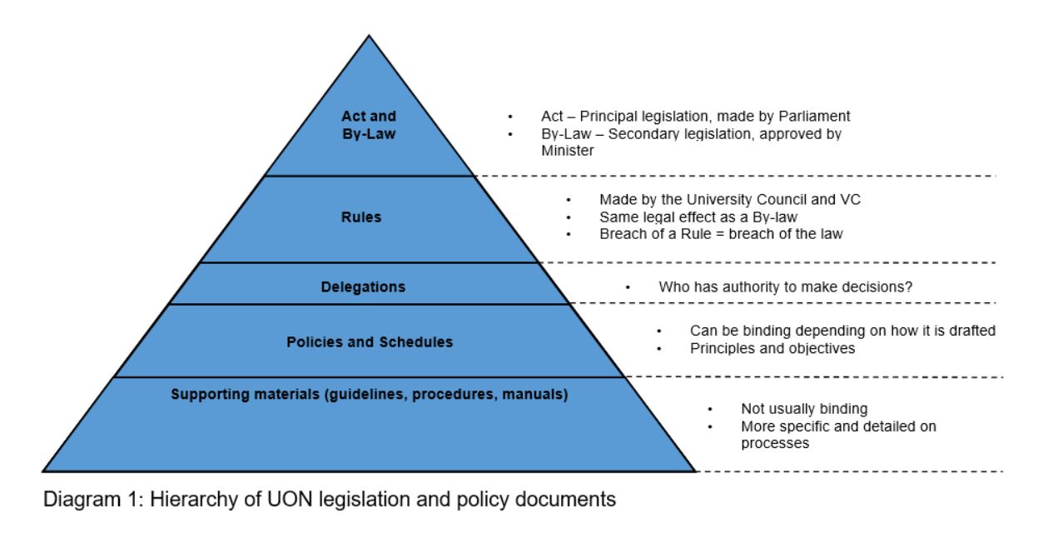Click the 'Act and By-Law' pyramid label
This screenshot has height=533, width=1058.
[x=369, y=124]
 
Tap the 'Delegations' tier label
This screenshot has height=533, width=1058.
[x=363, y=287]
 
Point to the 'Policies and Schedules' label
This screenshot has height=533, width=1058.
[x=370, y=342]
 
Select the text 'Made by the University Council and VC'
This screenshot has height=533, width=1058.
[x=714, y=201]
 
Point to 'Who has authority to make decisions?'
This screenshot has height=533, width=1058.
[x=785, y=287]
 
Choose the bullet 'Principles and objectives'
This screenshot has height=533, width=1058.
[x=772, y=348]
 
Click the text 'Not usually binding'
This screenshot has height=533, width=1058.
[x=804, y=409]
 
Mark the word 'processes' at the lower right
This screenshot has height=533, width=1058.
[x=775, y=444]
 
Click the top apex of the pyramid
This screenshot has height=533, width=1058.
[x=369, y=35]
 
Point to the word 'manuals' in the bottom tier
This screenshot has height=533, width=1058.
[x=538, y=394]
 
